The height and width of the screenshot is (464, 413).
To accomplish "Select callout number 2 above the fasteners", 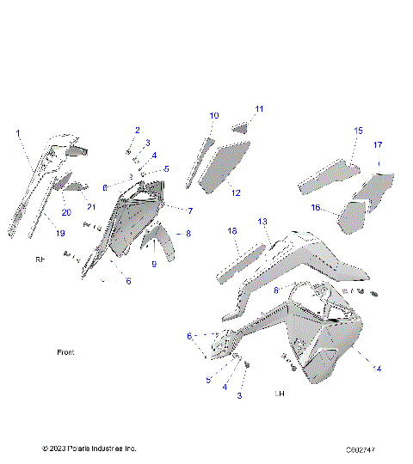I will click(137, 130).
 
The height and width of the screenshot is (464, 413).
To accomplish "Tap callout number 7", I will click(190, 211).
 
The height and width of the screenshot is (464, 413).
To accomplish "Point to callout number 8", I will click(188, 234).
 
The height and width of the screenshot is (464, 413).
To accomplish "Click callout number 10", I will click(214, 115).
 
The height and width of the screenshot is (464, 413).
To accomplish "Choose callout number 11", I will click(259, 109).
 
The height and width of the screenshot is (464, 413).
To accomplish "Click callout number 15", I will click(359, 131).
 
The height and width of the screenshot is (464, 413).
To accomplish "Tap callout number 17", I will click(377, 145).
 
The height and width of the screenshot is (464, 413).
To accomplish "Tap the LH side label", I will click(279, 394).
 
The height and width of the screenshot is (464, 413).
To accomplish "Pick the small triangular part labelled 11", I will click(241, 128).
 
